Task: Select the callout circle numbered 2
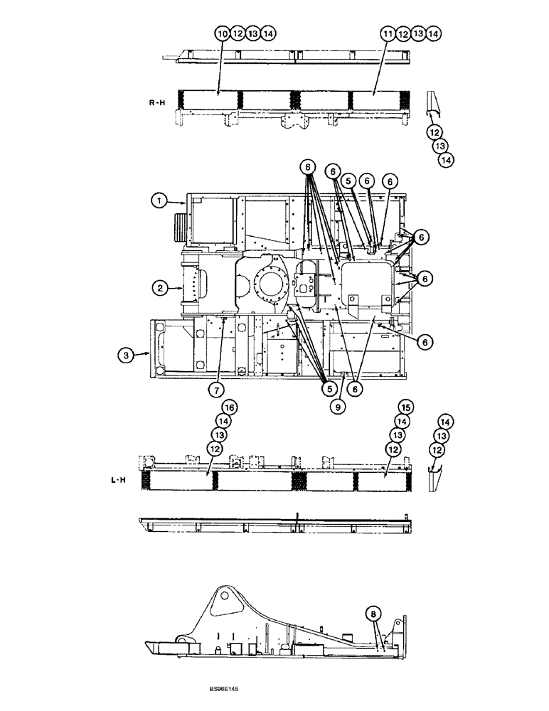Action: click(x=158, y=288)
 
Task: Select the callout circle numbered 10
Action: click(x=222, y=33)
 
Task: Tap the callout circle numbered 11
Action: click(x=387, y=33)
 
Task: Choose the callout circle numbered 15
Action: click(x=405, y=407)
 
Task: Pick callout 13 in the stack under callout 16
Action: click(x=220, y=434)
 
